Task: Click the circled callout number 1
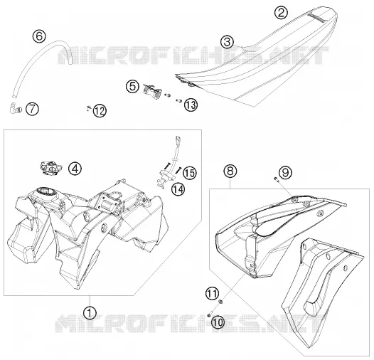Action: tap(90, 312)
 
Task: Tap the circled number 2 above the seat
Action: tap(281, 12)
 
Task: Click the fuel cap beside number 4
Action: tap(50, 168)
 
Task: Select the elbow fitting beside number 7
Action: tap(16, 108)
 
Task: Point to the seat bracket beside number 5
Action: tap(152, 92)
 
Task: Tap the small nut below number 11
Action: tap(221, 302)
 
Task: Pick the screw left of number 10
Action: tap(209, 315)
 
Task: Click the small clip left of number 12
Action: tap(88, 108)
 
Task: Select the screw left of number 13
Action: tap(179, 101)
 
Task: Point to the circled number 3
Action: tap(227, 42)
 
